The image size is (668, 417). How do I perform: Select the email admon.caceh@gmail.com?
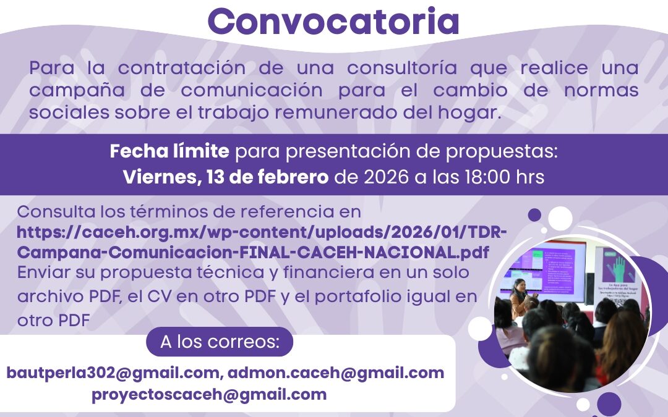click(336, 373)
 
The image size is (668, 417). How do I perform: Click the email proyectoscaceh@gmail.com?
click(209, 395)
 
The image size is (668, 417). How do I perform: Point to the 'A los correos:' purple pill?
click(220, 342)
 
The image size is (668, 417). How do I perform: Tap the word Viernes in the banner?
click(157, 177)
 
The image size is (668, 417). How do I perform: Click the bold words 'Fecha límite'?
click(169, 151)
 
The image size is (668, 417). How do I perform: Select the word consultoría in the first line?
click(391, 67)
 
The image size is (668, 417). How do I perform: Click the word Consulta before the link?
click(54, 212)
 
